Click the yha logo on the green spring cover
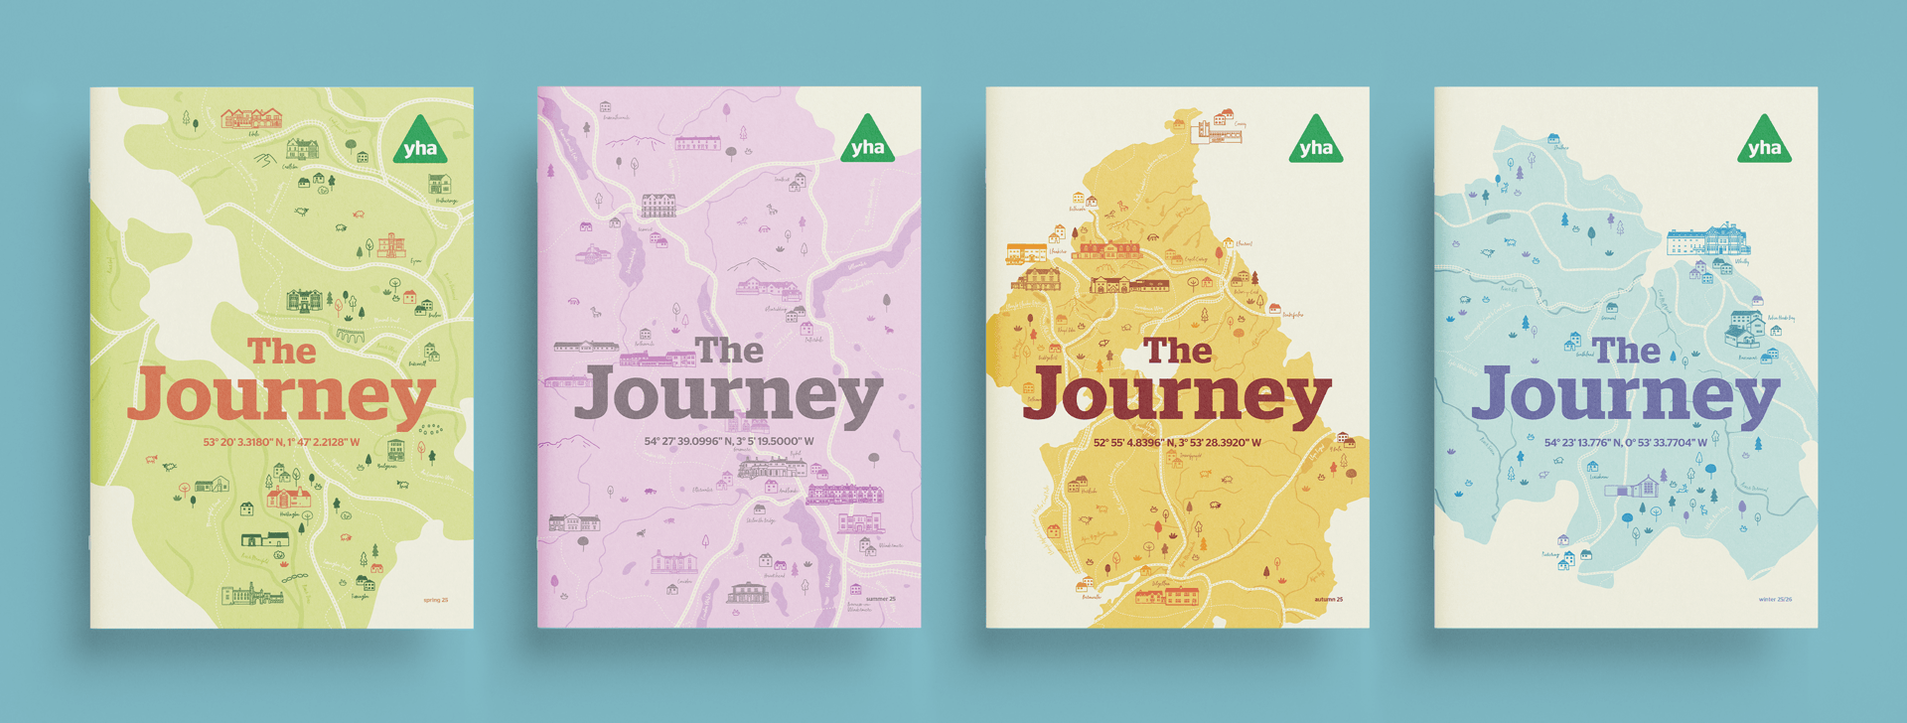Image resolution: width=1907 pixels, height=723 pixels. coord(420,143)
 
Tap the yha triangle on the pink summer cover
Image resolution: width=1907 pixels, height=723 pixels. coord(867,142)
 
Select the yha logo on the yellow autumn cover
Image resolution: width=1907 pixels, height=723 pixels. coord(1316,142)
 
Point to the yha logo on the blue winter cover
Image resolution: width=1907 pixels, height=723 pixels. coord(1764,142)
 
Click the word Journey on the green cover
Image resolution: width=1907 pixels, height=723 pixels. coord(281,396)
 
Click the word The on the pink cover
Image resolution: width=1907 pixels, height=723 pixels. coord(729,350)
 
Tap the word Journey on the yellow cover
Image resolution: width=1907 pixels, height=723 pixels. coord(1177,396)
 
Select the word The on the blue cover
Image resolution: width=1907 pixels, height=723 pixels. coord(1626,350)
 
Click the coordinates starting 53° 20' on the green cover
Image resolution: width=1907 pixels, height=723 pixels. coord(281,442)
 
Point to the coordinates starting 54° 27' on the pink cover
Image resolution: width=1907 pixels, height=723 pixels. coord(729,442)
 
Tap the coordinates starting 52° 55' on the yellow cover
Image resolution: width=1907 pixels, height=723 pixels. coord(1177,442)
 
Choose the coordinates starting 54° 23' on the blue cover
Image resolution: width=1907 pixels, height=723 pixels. coord(1626,442)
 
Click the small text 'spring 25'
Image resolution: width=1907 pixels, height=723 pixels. coord(435,600)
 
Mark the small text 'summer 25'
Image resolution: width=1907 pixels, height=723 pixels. coord(880,599)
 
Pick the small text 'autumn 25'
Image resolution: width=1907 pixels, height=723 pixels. coord(1328,599)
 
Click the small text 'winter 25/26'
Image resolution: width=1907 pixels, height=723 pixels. coord(1775,599)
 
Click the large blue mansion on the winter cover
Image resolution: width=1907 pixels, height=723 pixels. coord(1707,240)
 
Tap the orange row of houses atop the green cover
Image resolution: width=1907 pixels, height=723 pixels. coord(251,119)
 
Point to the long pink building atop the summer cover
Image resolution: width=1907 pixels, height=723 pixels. coord(697,144)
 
